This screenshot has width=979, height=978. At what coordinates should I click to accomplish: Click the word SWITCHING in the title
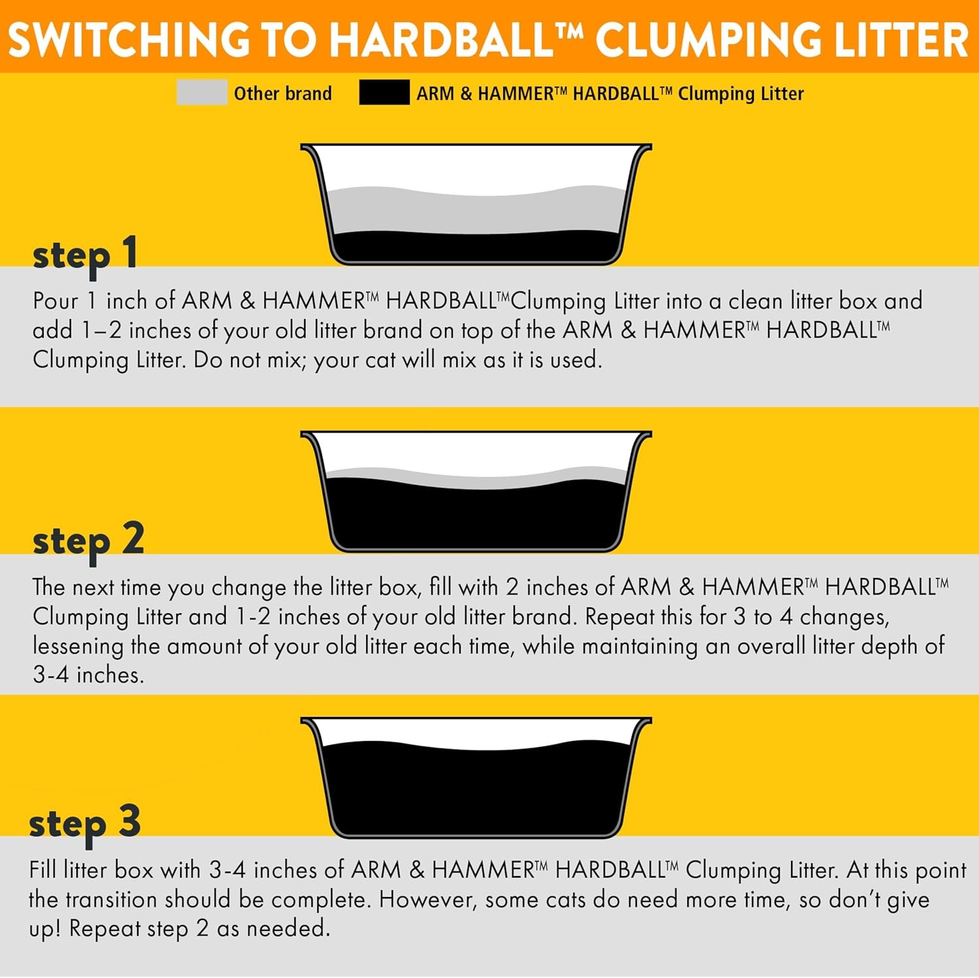tap(129, 40)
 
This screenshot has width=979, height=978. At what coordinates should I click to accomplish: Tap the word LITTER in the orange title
tap(903, 40)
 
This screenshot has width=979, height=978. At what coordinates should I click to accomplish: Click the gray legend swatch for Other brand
tap(202, 93)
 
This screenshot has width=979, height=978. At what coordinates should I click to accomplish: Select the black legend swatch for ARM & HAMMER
tap(384, 93)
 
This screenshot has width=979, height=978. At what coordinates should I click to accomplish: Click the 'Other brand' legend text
tap(283, 93)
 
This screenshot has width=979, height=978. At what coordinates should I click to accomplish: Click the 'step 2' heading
tap(88, 542)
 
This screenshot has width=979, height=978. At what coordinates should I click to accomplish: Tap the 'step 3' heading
tap(85, 823)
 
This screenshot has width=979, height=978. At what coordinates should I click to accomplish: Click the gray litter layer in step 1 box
tap(476, 212)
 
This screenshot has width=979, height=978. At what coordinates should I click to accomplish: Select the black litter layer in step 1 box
tap(476, 247)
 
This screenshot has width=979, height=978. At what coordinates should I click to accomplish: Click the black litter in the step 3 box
tap(476, 789)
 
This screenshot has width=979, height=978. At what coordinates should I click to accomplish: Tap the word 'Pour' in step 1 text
tap(55, 301)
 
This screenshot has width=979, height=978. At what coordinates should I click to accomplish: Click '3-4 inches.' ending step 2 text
tap(88, 675)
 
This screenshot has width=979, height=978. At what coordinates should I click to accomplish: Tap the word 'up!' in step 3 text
tap(44, 929)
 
